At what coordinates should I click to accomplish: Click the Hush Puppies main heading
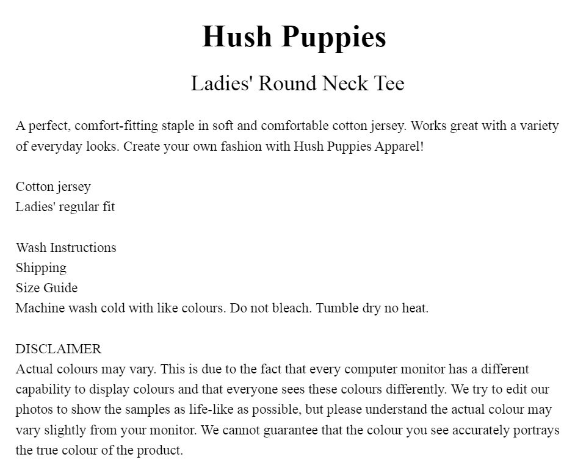[x=294, y=37]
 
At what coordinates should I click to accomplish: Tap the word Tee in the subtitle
[x=388, y=84]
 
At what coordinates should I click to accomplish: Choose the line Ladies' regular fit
[x=65, y=207]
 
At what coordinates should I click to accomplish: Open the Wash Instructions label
[x=66, y=248]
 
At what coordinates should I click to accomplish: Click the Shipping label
[x=41, y=268]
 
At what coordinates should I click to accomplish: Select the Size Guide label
[x=46, y=288]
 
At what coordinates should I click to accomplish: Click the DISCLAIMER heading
[x=59, y=349]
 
